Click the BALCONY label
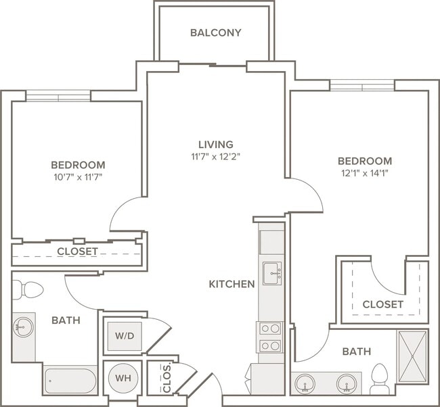(x=216, y=33)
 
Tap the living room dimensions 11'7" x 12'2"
(x=216, y=156)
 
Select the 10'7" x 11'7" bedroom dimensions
(x=78, y=177)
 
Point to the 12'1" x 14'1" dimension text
(x=365, y=174)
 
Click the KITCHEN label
(x=232, y=284)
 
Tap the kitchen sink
(x=272, y=273)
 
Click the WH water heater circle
(x=123, y=378)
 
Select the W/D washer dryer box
(x=125, y=336)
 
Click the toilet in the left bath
(x=28, y=289)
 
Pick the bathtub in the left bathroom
(x=70, y=381)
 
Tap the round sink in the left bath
(x=23, y=327)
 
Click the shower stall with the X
(x=412, y=356)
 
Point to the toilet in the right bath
(x=379, y=379)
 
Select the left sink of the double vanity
(x=305, y=383)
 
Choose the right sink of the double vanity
(x=347, y=383)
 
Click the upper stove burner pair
(x=270, y=328)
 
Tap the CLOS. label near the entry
(x=167, y=379)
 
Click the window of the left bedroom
(x=58, y=95)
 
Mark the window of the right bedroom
(x=362, y=85)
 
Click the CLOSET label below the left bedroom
(x=77, y=252)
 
